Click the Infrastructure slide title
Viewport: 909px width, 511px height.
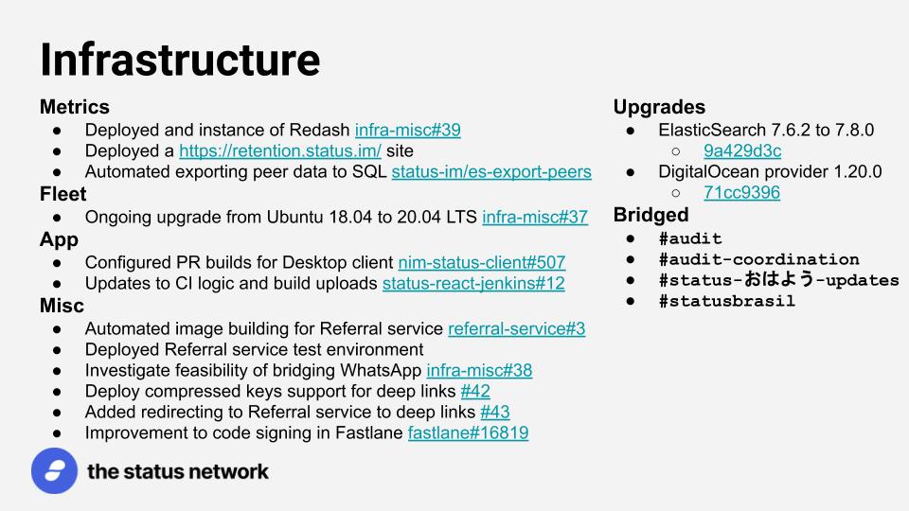coord(180,60)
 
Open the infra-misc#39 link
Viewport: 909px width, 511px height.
coord(407,130)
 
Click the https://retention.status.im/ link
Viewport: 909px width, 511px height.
coord(280,150)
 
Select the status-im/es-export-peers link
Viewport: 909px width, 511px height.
coord(491,171)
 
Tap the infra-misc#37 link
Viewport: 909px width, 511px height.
coord(535,217)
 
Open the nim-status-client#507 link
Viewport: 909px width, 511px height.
coord(482,262)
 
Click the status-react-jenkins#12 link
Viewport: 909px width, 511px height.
coord(473,283)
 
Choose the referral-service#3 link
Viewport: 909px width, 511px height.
coord(517,328)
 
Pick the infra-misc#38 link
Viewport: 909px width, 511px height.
coord(479,370)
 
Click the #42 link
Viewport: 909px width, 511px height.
coord(475,391)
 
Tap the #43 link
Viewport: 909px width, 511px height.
coord(495,412)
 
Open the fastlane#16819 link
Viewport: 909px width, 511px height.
coord(469,432)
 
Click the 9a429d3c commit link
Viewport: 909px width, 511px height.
coord(742,150)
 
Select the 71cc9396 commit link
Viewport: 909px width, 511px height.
coord(742,192)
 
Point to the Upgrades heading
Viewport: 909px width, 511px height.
coord(659,107)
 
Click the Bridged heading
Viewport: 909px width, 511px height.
coord(651,215)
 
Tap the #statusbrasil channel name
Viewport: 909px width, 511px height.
coord(727,301)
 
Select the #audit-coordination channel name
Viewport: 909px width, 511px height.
coord(758,259)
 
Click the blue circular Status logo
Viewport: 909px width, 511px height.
coord(55,470)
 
